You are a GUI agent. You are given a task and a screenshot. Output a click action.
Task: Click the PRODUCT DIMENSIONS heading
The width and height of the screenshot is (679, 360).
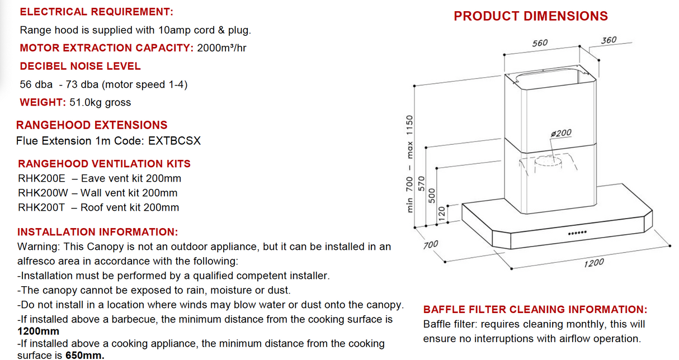[x=530, y=16]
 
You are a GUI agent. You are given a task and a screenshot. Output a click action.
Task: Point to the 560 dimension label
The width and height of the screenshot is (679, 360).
[x=540, y=43]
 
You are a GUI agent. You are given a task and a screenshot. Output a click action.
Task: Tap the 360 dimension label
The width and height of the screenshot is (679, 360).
[x=609, y=40]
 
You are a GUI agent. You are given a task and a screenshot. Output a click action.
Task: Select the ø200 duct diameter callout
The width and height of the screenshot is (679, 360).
[x=561, y=133]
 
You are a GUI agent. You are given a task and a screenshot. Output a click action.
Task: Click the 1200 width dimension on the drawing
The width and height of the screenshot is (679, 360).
[x=593, y=262]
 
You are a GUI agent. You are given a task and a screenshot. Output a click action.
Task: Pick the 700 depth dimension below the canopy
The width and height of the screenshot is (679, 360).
[x=431, y=244]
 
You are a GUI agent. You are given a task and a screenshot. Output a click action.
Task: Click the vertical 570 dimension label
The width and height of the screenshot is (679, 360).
[x=423, y=184]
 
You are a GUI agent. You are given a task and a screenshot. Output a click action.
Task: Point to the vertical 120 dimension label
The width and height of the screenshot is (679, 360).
[x=442, y=212]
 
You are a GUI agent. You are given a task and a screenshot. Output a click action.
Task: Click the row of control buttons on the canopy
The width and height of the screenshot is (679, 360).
[x=577, y=233]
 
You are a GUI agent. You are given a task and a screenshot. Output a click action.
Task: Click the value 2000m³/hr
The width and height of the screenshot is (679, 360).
[x=221, y=48]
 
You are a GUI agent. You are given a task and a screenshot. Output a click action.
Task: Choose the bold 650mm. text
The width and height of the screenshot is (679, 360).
[x=86, y=355]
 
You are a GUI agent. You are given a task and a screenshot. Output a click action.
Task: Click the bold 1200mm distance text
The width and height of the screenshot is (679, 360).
[x=38, y=331]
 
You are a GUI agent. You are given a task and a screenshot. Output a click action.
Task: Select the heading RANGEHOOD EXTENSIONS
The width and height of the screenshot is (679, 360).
[x=92, y=125]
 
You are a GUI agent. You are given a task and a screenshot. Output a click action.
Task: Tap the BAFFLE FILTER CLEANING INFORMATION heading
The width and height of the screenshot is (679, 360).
[x=535, y=310]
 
